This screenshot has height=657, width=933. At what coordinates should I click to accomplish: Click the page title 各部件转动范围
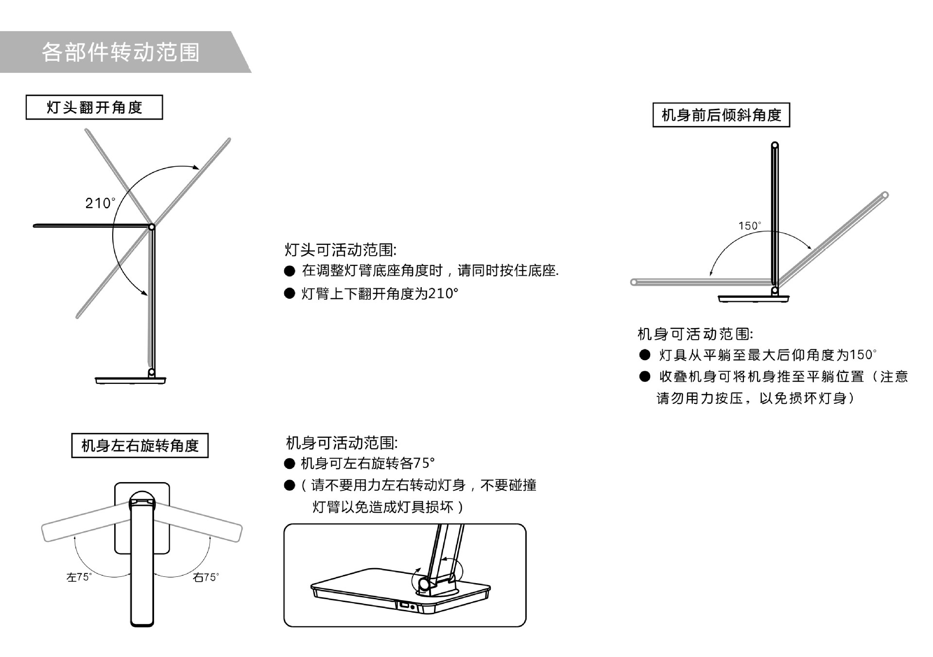[121, 52]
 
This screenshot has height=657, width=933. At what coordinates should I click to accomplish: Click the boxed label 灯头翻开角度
[94, 107]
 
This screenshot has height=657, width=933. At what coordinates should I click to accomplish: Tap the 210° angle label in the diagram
[100, 203]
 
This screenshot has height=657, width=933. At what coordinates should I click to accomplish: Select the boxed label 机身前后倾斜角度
[721, 115]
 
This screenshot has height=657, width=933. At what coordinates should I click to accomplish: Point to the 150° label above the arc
[749, 226]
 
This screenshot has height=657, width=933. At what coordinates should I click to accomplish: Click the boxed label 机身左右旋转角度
[140, 446]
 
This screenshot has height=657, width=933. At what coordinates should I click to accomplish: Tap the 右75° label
[206, 577]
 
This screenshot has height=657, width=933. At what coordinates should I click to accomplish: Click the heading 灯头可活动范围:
[340, 250]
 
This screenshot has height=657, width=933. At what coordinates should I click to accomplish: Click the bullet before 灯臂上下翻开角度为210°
[290, 294]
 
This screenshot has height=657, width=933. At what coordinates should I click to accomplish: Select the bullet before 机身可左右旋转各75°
[290, 464]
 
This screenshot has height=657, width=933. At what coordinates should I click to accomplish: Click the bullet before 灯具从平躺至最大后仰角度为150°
[644, 355]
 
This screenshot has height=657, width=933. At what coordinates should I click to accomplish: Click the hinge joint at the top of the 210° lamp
[152, 227]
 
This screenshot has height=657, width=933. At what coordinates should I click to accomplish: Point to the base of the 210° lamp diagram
[131, 380]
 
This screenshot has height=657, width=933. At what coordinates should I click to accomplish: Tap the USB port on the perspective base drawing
[404, 605]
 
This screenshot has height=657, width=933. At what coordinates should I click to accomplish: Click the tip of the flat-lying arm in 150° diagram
[634, 282]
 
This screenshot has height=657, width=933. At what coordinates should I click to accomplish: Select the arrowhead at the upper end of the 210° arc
[196, 168]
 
